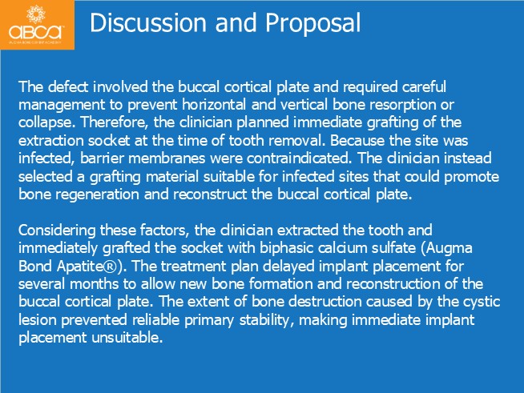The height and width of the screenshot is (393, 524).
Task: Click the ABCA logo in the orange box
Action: pos(36,24)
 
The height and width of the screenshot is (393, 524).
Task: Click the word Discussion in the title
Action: pos(148,22)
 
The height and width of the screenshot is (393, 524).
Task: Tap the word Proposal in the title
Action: pos(312,23)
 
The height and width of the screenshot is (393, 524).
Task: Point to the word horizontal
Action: pos(214,105)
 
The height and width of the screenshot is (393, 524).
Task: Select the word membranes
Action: pos(167,158)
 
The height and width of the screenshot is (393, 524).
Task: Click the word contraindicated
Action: pos(299,158)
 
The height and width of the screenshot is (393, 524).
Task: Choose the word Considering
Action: pos(57,231)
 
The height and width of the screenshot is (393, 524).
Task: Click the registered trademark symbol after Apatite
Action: pos(112,267)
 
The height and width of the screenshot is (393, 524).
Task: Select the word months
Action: pos(95,284)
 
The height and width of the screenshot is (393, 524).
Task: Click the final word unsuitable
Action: pos(127,338)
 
